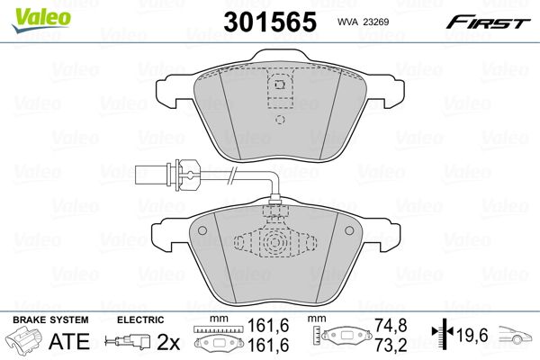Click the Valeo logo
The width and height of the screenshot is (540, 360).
click(41, 19)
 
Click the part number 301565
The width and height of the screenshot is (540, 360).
click(270, 22)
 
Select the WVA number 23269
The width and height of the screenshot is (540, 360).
click(377, 22)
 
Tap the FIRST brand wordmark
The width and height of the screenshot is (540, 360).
click(488, 22)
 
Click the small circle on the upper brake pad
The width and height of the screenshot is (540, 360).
click(280, 120)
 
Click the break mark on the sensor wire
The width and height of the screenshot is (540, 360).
click(232, 175)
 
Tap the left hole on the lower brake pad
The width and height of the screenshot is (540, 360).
click(202, 230)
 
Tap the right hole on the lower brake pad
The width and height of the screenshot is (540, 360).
click(349, 230)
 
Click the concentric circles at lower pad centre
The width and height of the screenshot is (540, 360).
click(274, 242)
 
